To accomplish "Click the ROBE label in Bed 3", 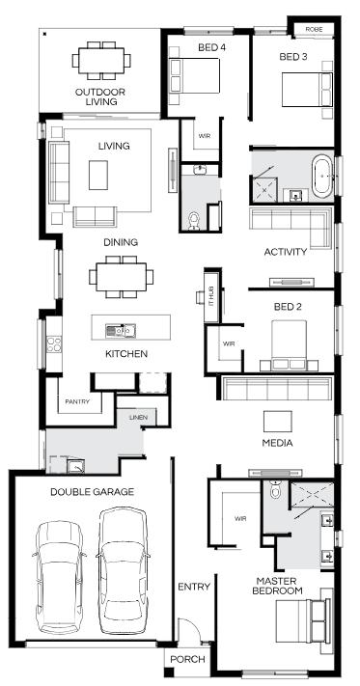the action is point(314,29).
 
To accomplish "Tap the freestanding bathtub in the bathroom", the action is point(322,176).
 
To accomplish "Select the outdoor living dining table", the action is point(101,61).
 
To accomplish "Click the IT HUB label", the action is point(211,296).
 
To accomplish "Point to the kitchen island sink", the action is point(121,330).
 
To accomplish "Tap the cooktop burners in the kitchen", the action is point(54,343).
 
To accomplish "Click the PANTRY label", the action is point(77,401).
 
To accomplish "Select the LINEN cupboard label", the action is point(138,417).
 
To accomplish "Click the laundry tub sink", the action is point(75,466).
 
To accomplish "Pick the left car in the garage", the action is point(59,577).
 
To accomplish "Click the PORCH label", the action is point(187,659).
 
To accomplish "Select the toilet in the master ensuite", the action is point(275,490).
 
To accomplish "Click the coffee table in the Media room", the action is point(277,422).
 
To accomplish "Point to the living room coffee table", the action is point(98,175).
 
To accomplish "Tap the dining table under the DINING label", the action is point(122,277).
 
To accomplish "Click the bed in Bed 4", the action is point(195,75).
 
